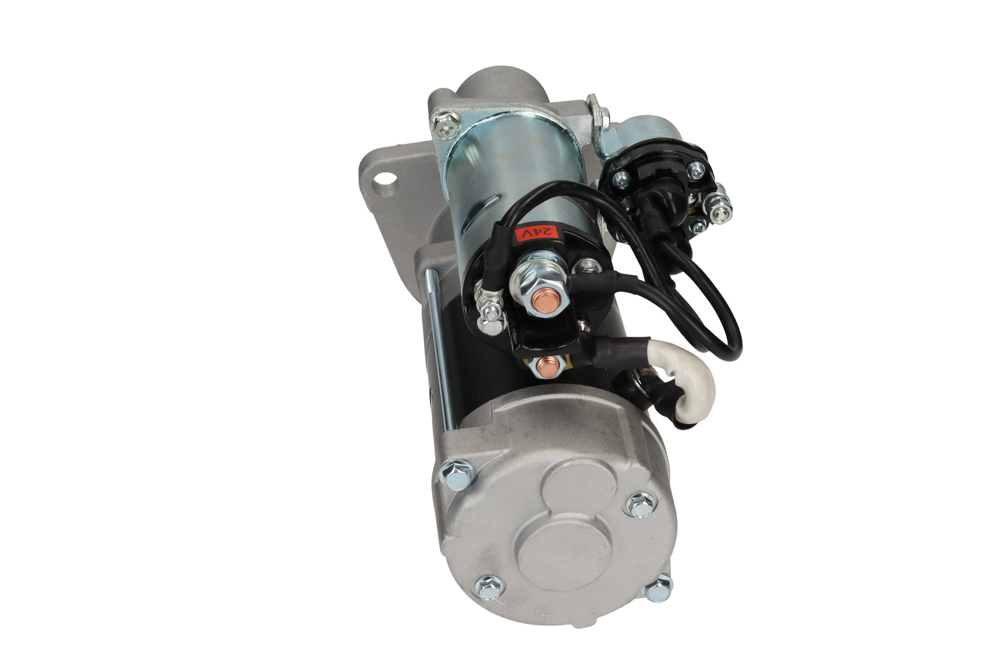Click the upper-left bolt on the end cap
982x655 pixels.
457,475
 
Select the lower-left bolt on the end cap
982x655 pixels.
490,586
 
